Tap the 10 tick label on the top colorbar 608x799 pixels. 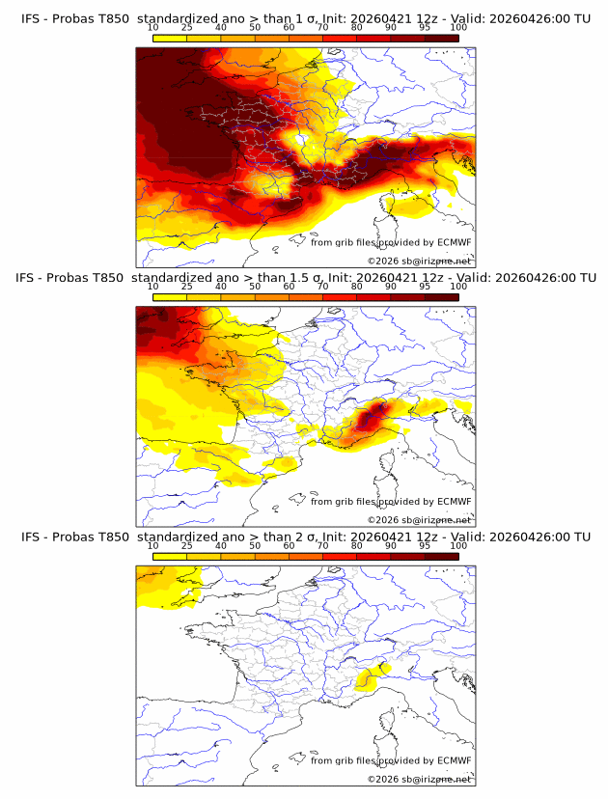tap(153, 27)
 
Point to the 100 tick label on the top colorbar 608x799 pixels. tap(458, 27)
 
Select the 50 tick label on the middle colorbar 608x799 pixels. tap(255, 287)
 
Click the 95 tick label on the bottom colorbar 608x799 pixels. tap(425, 546)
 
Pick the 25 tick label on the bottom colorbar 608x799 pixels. tap(187, 546)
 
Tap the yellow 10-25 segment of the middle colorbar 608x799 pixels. tap(170, 296)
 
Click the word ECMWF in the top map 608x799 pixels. tap(454, 243)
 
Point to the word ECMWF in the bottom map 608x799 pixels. tap(454, 761)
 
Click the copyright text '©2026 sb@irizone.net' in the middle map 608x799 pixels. tap(419, 520)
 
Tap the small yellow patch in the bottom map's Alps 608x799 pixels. tap(368, 679)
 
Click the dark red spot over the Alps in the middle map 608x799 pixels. tap(373, 418)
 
